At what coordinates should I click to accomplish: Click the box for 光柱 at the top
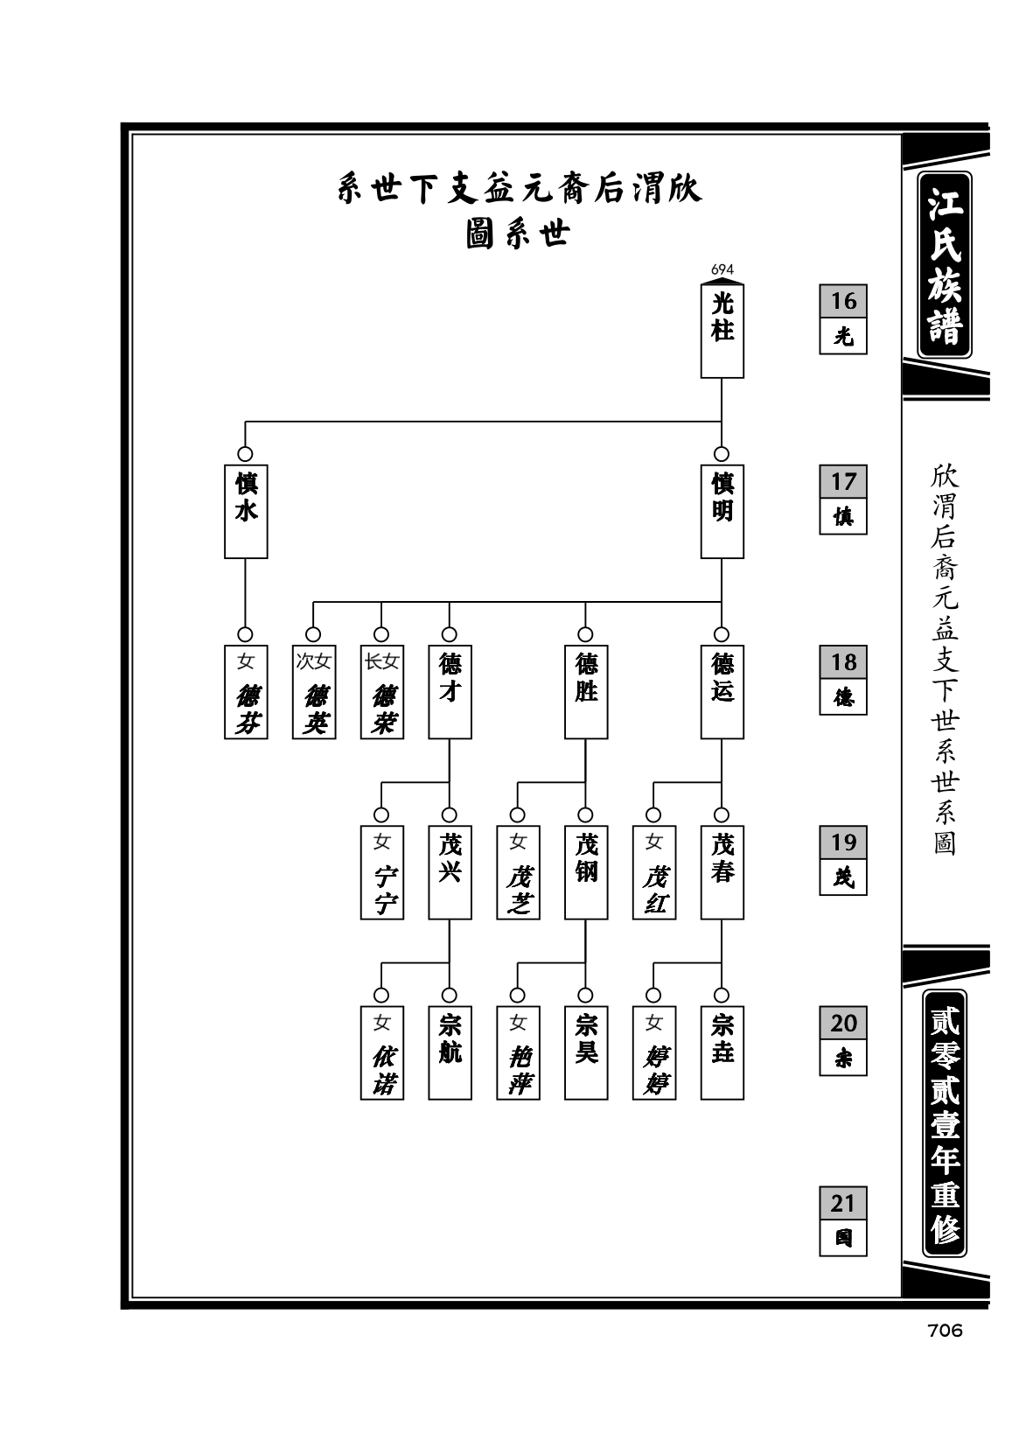(722, 331)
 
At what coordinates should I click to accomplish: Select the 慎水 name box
(246, 511)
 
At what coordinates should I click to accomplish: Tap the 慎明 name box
(722, 511)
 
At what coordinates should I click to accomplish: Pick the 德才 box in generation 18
(450, 691)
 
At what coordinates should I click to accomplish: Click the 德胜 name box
(586, 691)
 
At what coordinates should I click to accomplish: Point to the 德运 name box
(722, 691)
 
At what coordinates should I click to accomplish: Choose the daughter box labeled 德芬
(246, 691)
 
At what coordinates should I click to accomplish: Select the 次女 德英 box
(313, 691)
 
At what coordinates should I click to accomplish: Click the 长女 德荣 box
(382, 691)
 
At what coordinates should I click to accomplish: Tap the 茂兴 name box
(450, 872)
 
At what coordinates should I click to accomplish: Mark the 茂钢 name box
(586, 872)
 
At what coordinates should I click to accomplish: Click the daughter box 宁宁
(382, 872)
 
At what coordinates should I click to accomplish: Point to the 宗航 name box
(450, 1052)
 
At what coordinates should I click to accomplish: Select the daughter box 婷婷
(653, 1052)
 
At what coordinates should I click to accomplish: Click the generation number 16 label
(843, 301)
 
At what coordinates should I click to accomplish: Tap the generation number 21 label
(843, 1203)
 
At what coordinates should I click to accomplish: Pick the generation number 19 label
(843, 842)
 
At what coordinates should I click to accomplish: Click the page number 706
(944, 1330)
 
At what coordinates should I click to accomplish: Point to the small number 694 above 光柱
(722, 269)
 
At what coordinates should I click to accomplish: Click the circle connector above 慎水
(245, 453)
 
